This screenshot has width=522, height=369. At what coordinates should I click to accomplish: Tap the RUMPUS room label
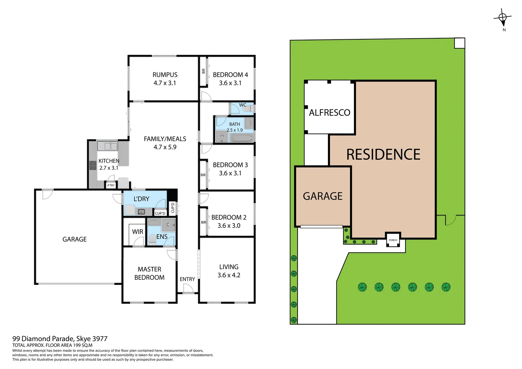point(165,75)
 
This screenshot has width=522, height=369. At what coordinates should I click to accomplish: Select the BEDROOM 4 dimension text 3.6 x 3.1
point(230,83)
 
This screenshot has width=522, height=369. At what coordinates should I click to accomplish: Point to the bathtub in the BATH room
point(242,138)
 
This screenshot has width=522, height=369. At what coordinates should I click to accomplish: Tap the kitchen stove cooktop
point(93,165)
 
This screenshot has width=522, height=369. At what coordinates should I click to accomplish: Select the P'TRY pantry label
point(111,186)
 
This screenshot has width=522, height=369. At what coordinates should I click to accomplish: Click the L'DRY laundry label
point(141,199)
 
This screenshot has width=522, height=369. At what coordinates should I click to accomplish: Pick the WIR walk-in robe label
point(137,232)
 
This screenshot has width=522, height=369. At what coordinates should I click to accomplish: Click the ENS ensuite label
point(162,237)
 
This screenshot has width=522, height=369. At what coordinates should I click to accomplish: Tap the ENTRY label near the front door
point(187,279)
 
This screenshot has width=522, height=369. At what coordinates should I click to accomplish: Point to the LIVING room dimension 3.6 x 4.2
point(229,275)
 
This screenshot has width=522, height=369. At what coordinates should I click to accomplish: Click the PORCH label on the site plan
point(393,240)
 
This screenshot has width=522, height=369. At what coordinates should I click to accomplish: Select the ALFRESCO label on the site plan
point(329,113)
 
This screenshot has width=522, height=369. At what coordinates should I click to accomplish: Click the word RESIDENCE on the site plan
point(383,154)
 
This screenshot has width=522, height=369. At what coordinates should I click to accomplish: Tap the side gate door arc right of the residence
point(451,220)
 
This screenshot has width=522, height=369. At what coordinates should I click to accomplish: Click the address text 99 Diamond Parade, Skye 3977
point(60,339)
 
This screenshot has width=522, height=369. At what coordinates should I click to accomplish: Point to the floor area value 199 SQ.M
point(82,345)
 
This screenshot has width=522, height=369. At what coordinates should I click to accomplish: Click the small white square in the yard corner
point(459,43)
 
